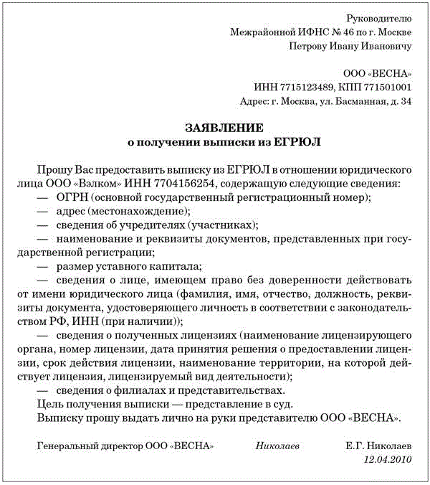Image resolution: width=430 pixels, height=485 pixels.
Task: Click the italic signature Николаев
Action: point(277,446)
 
